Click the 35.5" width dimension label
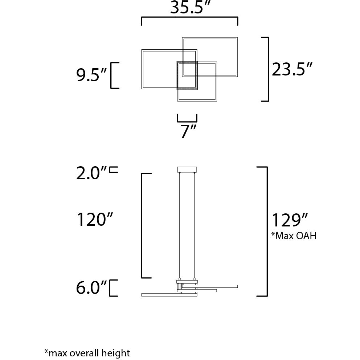click(191, 8)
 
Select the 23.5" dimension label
click(292, 69)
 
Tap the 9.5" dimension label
click(92, 75)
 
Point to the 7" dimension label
click(188, 131)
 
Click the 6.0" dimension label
click(92, 289)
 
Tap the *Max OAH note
click(294, 236)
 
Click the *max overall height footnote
click(87, 352)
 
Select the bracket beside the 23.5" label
click(267, 69)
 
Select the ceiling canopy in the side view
click(187, 169)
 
